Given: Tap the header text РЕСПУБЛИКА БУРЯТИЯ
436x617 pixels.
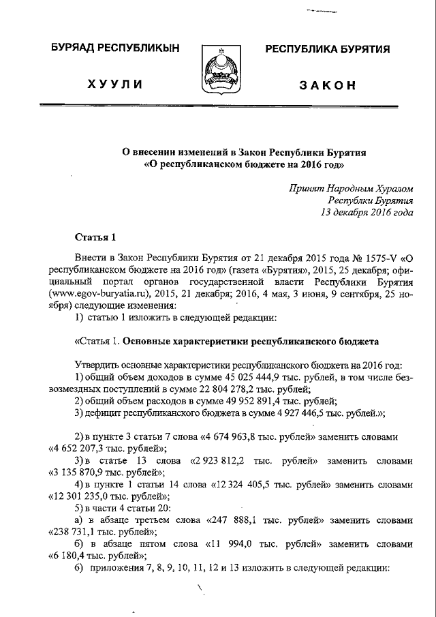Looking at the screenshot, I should tap(327, 49).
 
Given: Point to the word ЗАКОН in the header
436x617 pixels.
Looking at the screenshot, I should tap(328, 85).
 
